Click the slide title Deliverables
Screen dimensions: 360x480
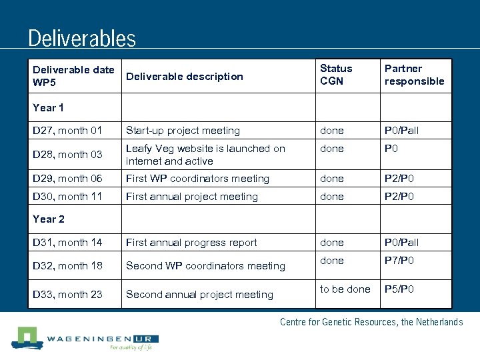click(82, 38)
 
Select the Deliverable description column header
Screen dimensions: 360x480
click(185, 76)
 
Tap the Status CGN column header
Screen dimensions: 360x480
click(336, 75)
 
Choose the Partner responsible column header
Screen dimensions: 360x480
click(414, 75)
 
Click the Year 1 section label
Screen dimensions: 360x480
click(49, 107)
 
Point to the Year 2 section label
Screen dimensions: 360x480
click(49, 219)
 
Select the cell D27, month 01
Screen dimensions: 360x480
click(67, 131)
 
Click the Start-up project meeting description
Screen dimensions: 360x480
click(183, 131)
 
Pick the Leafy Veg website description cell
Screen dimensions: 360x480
click(205, 155)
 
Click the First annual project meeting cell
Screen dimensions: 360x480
click(192, 197)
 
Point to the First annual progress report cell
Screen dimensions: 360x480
click(192, 243)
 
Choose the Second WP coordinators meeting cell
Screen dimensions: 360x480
click(205, 266)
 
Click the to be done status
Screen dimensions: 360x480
click(345, 289)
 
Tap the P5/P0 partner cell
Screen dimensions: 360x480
click(399, 289)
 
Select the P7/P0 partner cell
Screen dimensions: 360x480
click(399, 261)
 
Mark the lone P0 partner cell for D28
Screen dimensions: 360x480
click(391, 149)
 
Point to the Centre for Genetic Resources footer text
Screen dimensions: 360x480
click(371, 322)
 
